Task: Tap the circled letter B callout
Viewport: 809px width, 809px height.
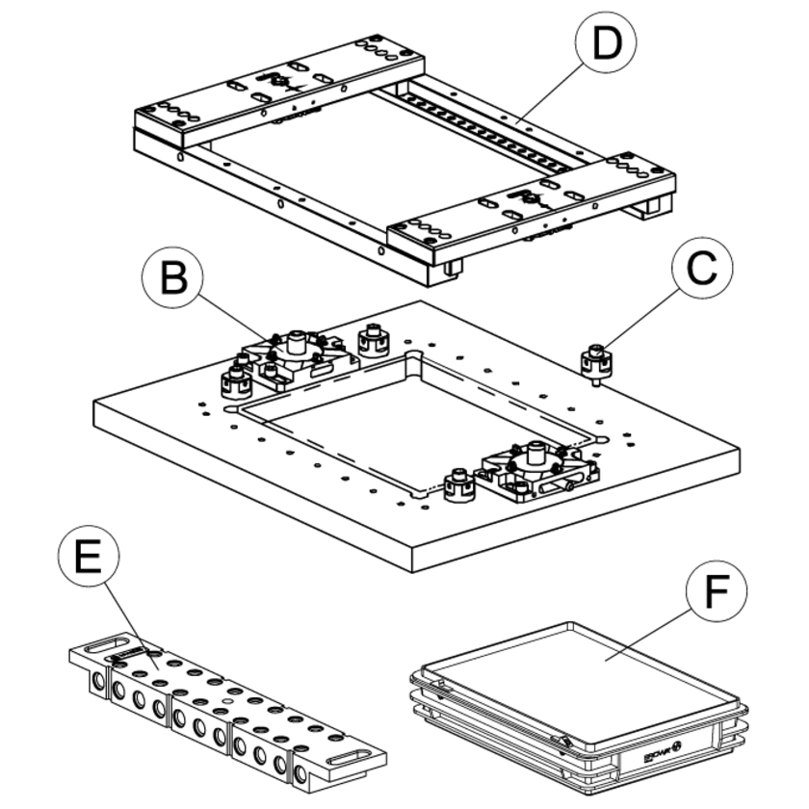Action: [173, 280]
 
